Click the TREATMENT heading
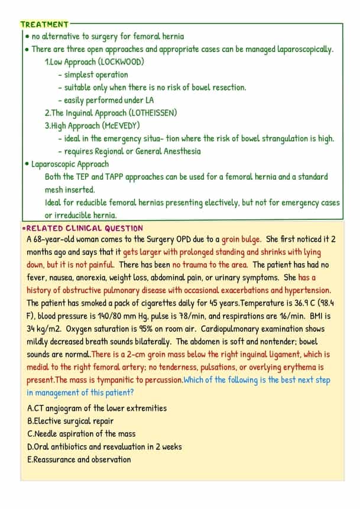(44, 24)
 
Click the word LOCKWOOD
(122, 62)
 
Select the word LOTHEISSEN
(152, 113)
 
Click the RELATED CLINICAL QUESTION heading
(84, 228)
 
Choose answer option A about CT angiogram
(97, 408)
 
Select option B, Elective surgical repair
(70, 421)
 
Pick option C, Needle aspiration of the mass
(81, 434)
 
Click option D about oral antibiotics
(104, 447)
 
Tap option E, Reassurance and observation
(79, 459)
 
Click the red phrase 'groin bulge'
(241, 240)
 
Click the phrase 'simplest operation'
(96, 74)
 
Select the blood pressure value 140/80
(99, 316)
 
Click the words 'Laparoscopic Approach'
(70, 164)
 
